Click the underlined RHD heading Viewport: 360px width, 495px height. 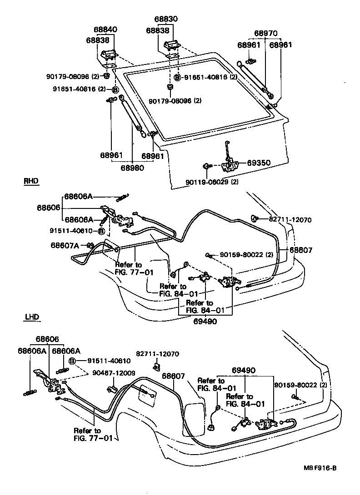[31, 181]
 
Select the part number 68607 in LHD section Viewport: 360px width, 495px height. [173, 376]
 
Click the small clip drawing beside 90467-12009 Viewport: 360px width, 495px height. [112, 388]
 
